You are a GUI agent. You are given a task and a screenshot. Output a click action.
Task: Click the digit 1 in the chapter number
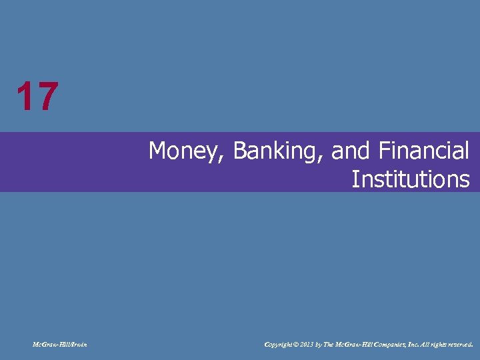tap(25, 97)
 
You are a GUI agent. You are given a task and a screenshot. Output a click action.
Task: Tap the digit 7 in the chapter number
tap(46, 97)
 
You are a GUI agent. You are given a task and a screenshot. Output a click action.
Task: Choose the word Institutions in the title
tap(410, 179)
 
